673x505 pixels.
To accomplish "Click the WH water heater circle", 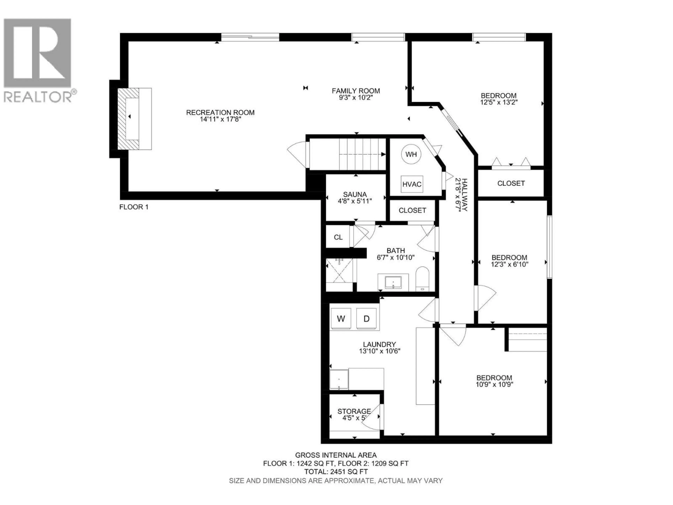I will pyautogui.click(x=411, y=154).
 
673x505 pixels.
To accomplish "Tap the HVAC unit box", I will pyautogui.click(x=412, y=184).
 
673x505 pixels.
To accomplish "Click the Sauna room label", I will pyautogui.click(x=355, y=194).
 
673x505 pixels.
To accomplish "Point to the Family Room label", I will pyautogui.click(x=356, y=91).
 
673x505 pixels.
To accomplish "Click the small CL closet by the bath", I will pyautogui.click(x=338, y=237).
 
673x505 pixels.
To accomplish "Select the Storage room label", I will pyautogui.click(x=354, y=411).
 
